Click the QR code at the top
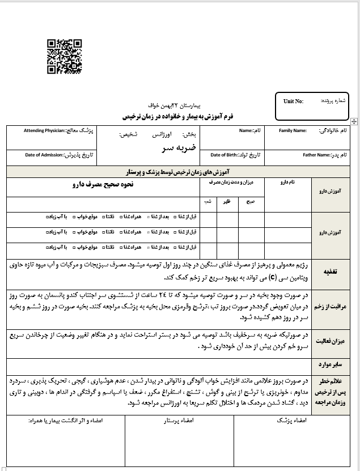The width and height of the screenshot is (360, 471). pyautogui.click(x=65, y=57)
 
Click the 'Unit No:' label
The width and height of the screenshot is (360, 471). pyautogui.click(x=293, y=101)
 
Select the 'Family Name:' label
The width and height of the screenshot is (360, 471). pyautogui.click(x=293, y=131)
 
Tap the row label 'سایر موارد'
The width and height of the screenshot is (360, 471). pyautogui.click(x=331, y=364)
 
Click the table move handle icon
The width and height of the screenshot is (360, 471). pyautogui.click(x=354, y=121)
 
